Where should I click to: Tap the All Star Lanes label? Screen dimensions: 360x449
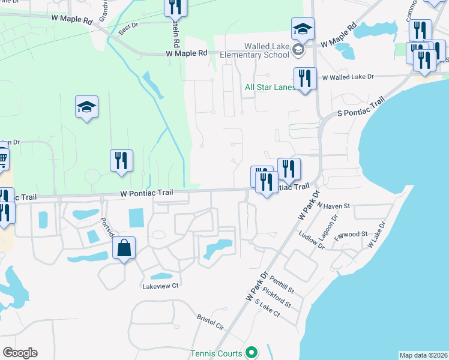coord(270,87)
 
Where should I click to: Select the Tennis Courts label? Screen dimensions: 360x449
coord(217,353)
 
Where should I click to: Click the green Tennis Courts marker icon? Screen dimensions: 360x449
coord(252,353)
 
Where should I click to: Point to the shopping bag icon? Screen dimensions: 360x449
coord(124,248)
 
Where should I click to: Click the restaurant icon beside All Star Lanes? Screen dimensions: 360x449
coord(305,78)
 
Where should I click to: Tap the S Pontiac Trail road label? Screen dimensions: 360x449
coord(360,109)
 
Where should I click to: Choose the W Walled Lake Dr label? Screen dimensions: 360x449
coord(348,77)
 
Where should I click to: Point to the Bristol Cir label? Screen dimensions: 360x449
coord(210,322)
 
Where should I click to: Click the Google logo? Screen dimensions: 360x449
coord(20,353)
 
